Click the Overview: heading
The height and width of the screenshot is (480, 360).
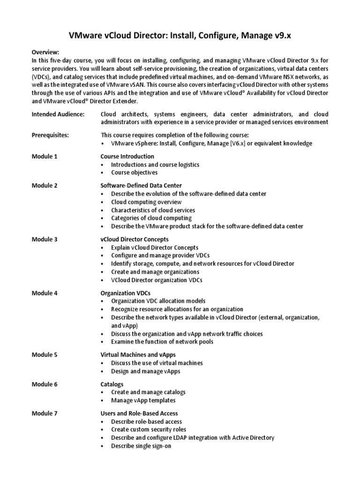coord(46,53)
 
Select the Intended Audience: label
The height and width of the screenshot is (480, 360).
coord(58,114)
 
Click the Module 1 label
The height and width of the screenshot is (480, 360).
coord(45,156)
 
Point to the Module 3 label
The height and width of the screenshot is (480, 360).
coord(45,239)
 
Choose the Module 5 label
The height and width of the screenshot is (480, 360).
coord(45,355)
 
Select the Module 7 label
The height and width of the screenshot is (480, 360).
coord(45,413)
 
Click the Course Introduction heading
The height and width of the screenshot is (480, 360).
coord(127,156)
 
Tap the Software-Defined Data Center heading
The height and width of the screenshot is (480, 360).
coord(141,185)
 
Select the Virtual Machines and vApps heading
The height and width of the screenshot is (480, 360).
coord(138,355)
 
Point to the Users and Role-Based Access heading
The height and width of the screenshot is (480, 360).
coord(139,413)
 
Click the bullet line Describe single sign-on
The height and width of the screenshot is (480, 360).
coord(141,446)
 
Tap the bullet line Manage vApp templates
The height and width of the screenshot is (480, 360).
coord(143,400)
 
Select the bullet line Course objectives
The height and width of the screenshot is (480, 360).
coord(134,172)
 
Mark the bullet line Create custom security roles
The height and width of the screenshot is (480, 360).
coord(149,429)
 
